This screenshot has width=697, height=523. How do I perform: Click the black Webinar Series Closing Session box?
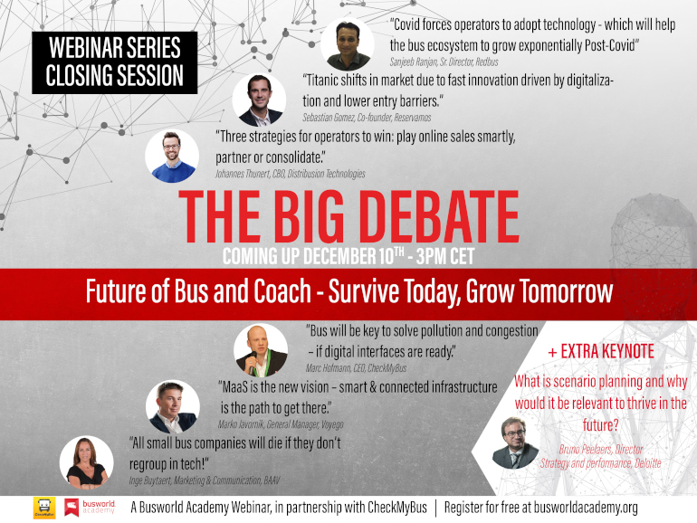point(114,62)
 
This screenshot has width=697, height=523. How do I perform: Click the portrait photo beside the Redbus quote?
point(348,44)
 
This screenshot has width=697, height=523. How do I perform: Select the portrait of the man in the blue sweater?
point(172,156)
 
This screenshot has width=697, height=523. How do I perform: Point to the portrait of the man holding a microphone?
point(261,350)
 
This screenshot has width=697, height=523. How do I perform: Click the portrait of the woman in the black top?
point(86,462)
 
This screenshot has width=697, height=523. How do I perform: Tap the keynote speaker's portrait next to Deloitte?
point(515,442)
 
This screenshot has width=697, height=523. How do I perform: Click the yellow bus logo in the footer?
point(44,508)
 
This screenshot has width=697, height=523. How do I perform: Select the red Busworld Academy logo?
point(90,508)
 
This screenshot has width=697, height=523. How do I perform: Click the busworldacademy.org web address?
point(586,508)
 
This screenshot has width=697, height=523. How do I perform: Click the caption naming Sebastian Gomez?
point(367,118)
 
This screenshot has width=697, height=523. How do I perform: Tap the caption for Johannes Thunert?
point(291,174)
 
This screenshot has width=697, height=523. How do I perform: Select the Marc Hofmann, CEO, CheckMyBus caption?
point(356,368)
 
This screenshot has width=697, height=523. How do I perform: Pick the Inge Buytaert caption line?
point(205,480)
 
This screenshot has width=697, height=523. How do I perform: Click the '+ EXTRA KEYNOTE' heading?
point(601,351)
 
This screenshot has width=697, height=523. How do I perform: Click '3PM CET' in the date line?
point(445,256)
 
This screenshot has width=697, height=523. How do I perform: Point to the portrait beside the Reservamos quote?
point(259,100)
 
